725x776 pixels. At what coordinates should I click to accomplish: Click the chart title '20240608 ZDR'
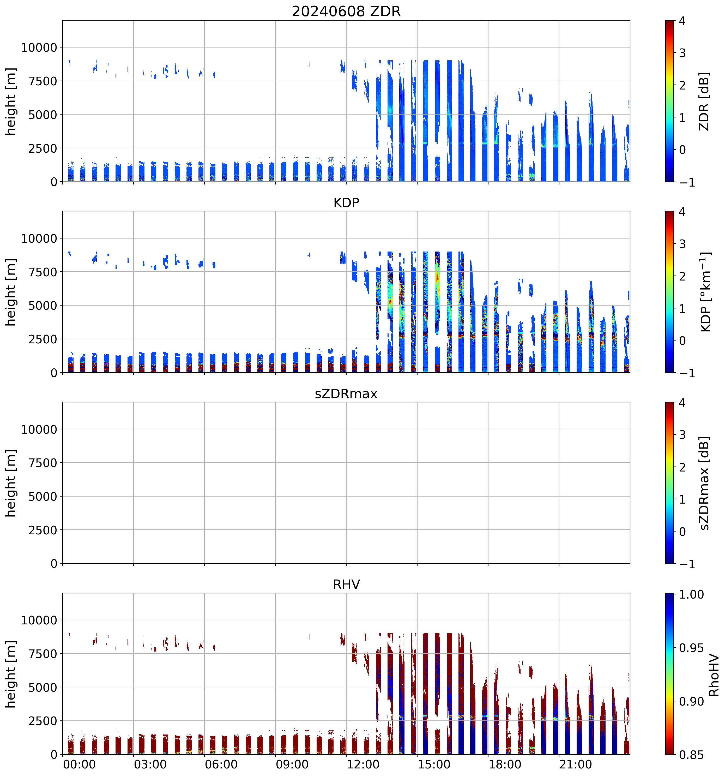(346, 11)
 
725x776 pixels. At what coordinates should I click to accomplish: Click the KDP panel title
(346, 202)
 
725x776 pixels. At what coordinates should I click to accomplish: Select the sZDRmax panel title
(346, 393)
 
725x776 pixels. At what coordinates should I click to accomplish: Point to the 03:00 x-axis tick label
(150, 764)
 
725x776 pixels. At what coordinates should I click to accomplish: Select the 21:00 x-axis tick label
(576, 764)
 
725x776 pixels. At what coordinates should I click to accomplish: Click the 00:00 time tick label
(80, 764)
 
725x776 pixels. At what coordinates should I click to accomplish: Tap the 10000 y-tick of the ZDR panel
(39, 48)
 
